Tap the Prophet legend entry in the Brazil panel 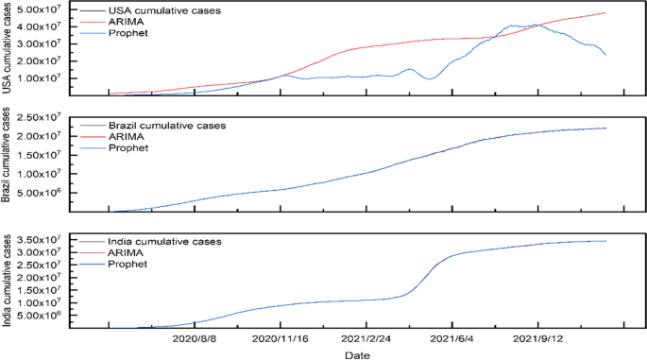(128, 147)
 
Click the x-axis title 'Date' (357, 353)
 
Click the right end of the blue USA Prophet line (605, 55)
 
